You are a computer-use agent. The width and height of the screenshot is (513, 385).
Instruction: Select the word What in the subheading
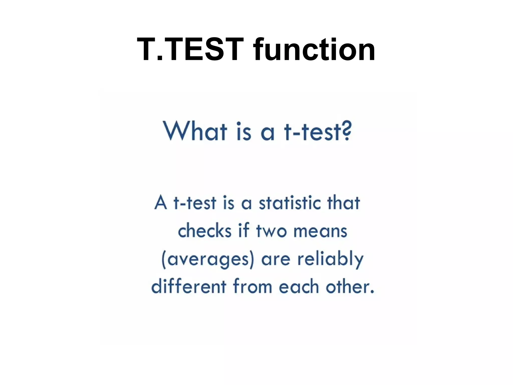point(195,131)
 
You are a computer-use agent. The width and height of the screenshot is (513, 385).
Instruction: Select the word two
point(271,231)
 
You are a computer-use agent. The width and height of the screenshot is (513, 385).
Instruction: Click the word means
point(320,231)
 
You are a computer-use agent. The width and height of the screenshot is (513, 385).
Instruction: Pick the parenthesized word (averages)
point(208,259)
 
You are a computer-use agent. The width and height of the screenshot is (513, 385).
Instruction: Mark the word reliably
point(330,259)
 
